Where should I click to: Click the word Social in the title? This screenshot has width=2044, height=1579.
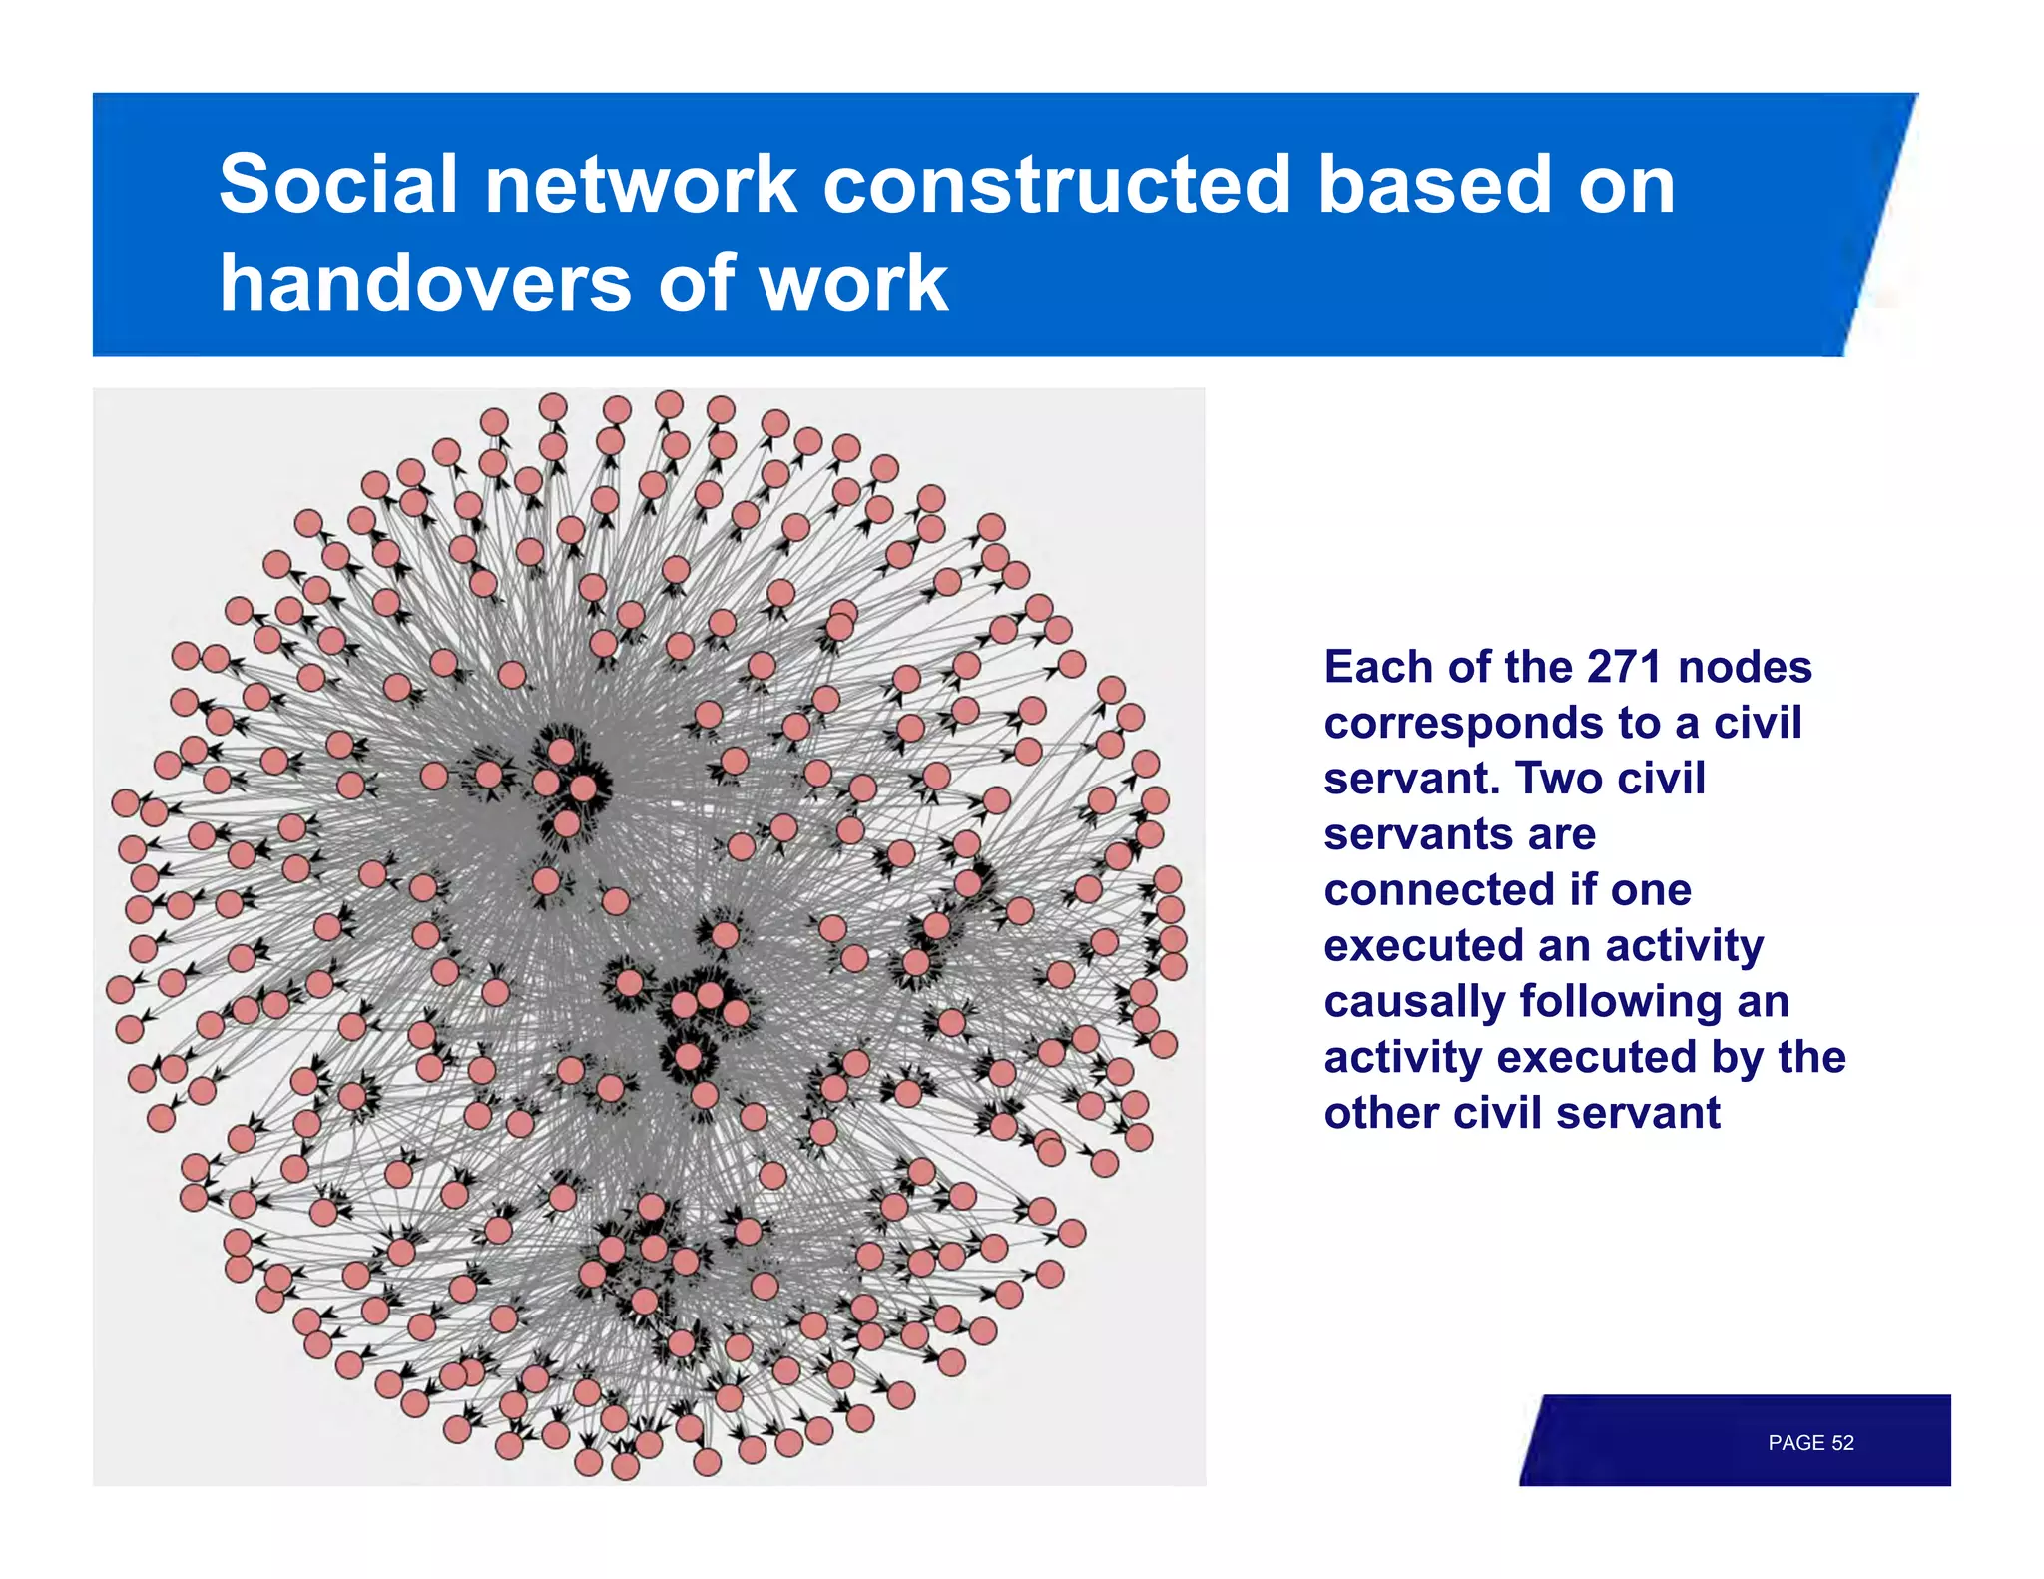[337, 185]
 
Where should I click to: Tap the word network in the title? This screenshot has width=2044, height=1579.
[640, 185]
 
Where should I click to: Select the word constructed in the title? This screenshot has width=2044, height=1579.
[1057, 185]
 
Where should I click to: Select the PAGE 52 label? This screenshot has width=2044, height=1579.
[1809, 1442]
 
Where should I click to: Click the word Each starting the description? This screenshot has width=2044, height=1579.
[1379, 667]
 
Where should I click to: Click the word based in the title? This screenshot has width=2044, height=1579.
[1433, 185]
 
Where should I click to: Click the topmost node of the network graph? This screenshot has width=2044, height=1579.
[669, 404]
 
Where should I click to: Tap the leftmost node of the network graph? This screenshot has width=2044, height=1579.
[120, 989]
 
